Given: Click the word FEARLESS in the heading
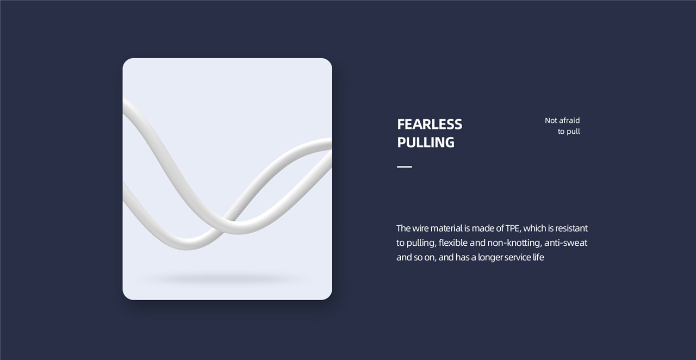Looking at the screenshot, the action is point(430,125).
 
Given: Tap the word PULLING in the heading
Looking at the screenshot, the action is point(426,142).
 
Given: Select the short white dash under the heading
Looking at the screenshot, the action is point(405,167).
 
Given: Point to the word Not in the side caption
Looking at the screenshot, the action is point(551,120).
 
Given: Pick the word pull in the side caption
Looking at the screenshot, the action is point(574,132).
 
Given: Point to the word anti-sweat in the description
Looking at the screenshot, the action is point(566,243).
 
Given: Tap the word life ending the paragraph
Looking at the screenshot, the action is point(538,257).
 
